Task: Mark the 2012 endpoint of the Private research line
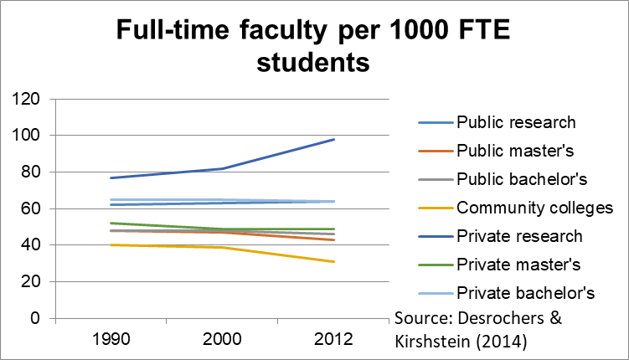point(334,139)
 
